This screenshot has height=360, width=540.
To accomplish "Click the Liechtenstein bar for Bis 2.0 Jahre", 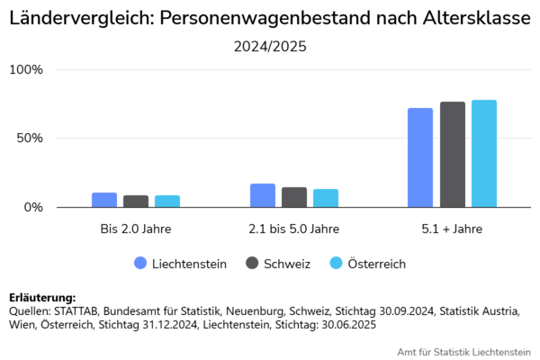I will (x=104, y=200).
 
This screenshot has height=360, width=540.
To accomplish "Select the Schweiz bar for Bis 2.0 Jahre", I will (x=136, y=202).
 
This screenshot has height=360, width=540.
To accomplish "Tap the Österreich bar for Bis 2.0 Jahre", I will (x=167, y=202).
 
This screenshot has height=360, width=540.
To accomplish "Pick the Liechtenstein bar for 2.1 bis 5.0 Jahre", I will (x=263, y=195).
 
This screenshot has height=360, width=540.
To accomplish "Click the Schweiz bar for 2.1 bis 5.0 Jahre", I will (x=294, y=197).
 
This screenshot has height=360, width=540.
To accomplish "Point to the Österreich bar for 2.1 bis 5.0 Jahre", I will (x=326, y=198).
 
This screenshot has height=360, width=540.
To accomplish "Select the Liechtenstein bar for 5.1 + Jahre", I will (x=420, y=157).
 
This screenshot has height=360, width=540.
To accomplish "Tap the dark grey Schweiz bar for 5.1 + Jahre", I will (x=453, y=155).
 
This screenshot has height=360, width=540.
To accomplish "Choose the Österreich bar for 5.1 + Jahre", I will (x=484, y=154).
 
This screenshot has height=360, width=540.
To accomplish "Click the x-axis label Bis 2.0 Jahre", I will (x=136, y=229).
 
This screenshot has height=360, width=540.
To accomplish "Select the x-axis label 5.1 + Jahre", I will (x=452, y=229).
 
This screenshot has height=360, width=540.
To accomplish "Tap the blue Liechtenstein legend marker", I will (x=140, y=264).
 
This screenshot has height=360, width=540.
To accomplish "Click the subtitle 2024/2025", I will (x=270, y=47).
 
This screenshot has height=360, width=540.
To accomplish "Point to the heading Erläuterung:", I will (x=41, y=297).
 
